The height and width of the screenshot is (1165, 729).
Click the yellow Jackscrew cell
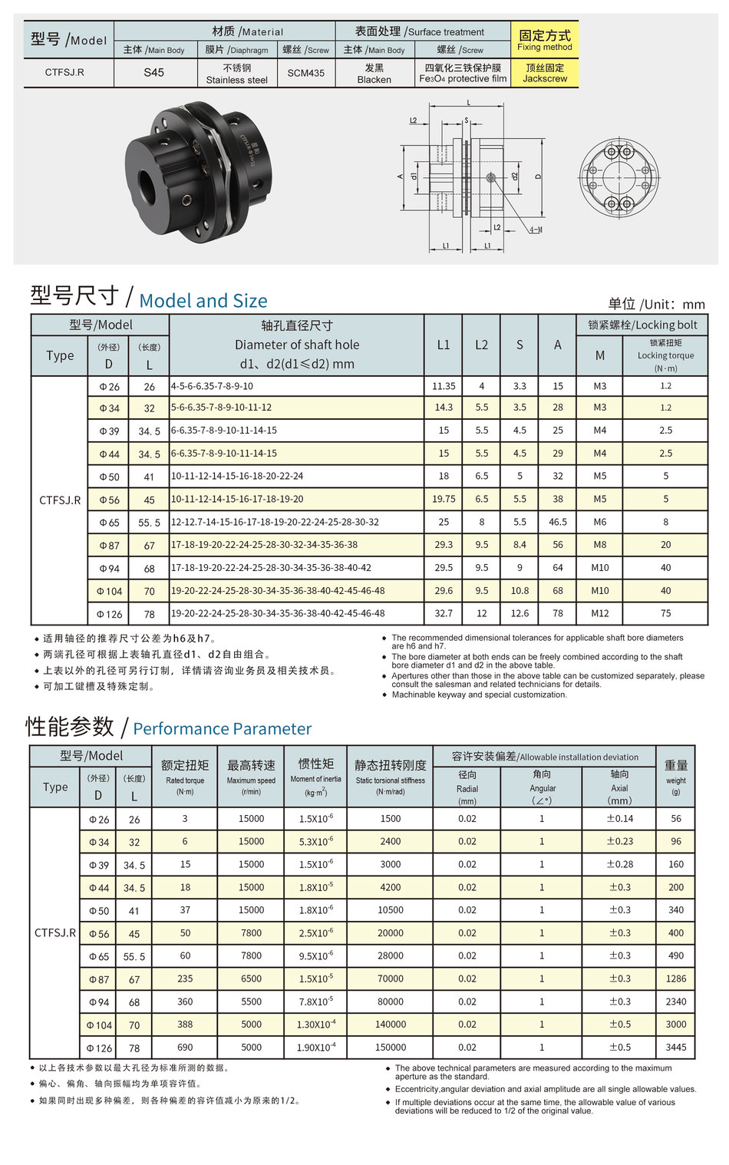545,74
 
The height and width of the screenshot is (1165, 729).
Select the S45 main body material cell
153,73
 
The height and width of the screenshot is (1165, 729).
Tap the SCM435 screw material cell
305,73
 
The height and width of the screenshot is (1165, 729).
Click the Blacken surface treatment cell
374,74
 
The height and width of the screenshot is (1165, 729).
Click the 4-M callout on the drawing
535,229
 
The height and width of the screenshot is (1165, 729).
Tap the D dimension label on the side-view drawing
538,177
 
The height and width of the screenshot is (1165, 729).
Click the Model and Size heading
203,301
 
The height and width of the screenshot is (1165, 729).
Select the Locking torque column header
665,355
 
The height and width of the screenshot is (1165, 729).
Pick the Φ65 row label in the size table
109,523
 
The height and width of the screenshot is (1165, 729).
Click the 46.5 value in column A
558,522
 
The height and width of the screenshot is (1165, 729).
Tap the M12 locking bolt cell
600,613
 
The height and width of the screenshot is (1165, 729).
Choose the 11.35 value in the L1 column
444,386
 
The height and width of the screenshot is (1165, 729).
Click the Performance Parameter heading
223,728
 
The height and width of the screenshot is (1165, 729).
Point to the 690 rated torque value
185,1047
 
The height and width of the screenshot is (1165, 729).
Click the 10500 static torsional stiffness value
391,910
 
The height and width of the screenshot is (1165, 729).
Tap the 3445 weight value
676,1047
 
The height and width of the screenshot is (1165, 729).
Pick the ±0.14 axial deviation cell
620,819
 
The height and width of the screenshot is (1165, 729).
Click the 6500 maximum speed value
251,979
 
